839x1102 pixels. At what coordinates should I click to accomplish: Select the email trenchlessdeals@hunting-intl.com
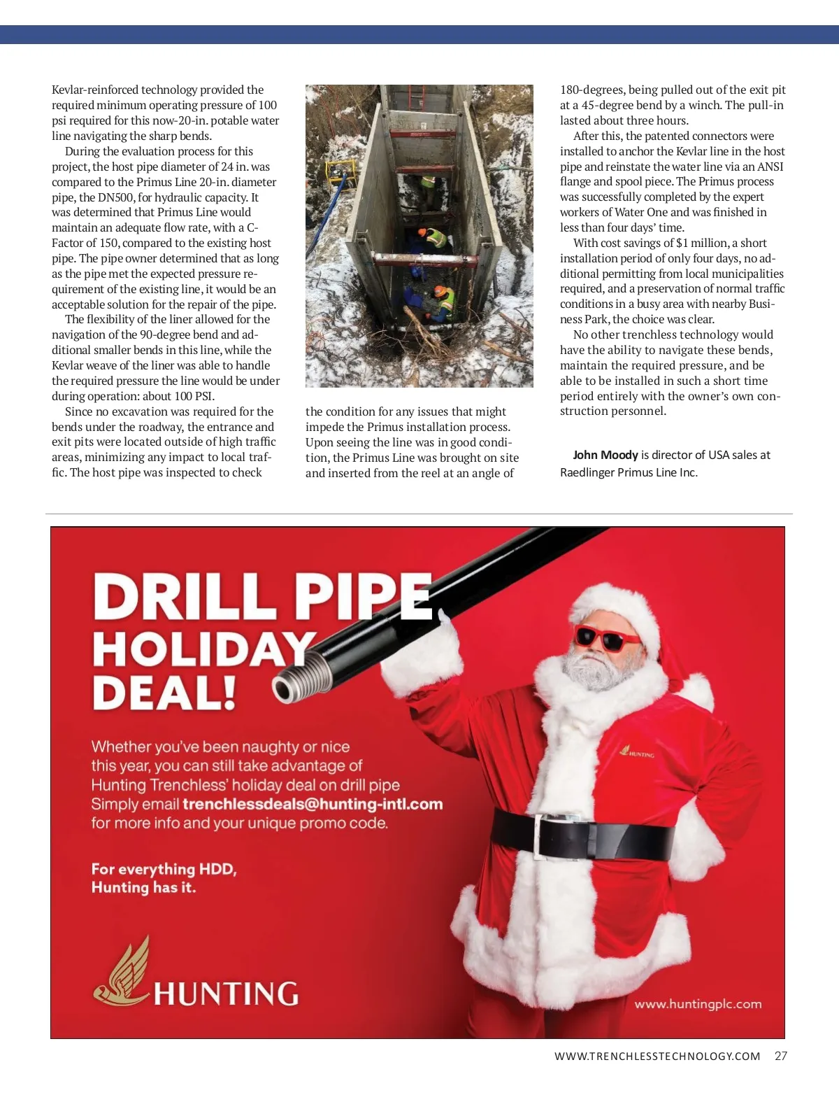tap(313, 804)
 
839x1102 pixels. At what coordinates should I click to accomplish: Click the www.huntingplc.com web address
tap(698, 1004)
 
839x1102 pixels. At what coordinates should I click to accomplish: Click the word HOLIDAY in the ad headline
tap(203, 649)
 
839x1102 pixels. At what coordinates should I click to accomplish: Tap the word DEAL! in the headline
tap(165, 693)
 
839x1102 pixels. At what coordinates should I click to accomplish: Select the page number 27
tap(781, 1056)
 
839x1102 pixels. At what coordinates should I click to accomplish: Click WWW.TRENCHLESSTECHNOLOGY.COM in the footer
tap(657, 1056)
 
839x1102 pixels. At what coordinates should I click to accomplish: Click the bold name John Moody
tap(605, 455)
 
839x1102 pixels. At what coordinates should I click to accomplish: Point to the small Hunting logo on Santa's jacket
tap(637, 752)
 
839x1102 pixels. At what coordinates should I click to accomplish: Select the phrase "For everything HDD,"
tap(164, 869)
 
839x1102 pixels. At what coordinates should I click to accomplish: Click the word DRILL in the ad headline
tap(185, 595)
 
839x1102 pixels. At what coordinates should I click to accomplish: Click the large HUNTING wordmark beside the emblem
tap(226, 994)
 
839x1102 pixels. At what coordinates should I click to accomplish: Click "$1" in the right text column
tap(682, 243)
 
